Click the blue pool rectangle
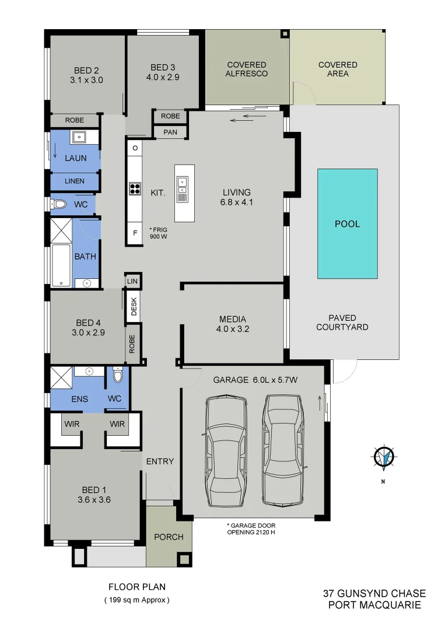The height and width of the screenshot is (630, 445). [347, 223]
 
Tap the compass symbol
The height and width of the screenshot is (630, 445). [384, 458]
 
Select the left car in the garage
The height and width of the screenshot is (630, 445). [225, 451]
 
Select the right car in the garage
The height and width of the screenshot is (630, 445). [282, 450]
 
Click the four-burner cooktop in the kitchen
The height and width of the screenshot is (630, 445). [135, 188]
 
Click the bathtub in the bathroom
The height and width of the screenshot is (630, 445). [61, 266]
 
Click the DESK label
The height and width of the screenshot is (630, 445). [134, 307]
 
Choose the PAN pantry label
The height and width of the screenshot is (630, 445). [170, 132]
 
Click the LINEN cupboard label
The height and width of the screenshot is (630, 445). [74, 181]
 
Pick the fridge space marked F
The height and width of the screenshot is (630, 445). [135, 233]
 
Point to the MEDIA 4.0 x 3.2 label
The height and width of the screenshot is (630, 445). [233, 323]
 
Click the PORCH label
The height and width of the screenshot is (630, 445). [168, 537]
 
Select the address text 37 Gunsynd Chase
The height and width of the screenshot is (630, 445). [374, 594]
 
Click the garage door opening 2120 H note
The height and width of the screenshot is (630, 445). [250, 528]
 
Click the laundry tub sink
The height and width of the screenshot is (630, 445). [78, 137]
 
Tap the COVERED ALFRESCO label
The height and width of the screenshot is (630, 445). [247, 69]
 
